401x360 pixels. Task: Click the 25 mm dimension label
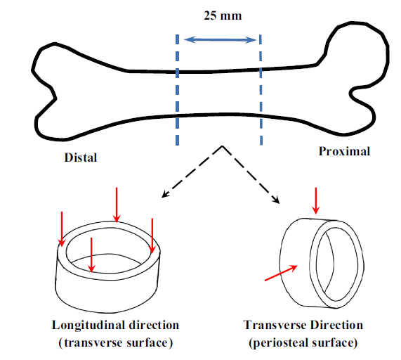pos(223,15)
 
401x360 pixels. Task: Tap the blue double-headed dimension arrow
pos(220,39)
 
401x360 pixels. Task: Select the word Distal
pos(81,157)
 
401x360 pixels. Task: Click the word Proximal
pos(344,151)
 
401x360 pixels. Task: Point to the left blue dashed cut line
pos(177,90)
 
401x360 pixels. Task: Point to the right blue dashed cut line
pos(261,90)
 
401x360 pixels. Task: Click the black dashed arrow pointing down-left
pos(192,172)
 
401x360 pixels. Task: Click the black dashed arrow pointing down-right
pos(251,174)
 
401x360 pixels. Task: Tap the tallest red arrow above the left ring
pos(117,205)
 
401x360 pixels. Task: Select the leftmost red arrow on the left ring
pos(61,229)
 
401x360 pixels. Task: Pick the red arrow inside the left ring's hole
pos(91,255)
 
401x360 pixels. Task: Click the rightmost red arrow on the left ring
pos(152,236)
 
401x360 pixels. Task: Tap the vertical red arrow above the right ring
pos(316,200)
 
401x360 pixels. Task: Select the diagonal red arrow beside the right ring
pos(281,274)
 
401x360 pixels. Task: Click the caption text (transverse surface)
pos(116,342)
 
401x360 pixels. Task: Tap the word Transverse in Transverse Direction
pos(275,325)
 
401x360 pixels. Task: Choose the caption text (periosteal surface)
pos(303,342)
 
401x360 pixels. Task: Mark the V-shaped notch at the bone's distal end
pos(55,98)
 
